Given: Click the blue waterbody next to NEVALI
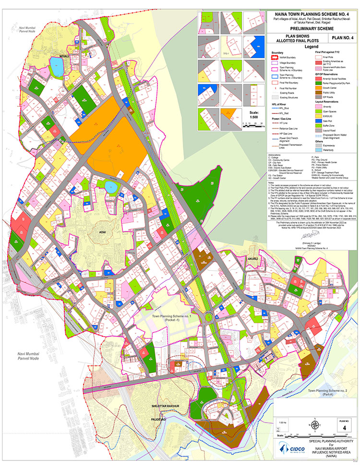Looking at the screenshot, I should [x=57, y=70].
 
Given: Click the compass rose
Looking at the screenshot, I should [x=315, y=424].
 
